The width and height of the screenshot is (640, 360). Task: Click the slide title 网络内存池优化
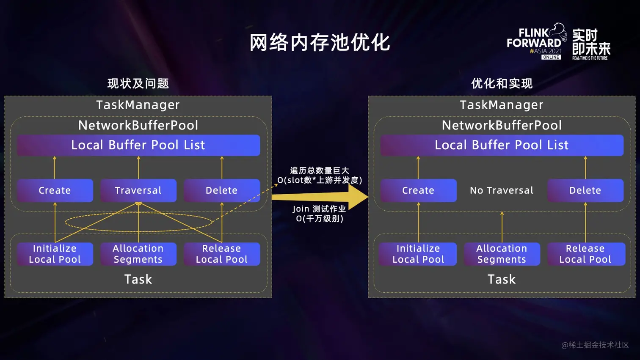click(x=320, y=43)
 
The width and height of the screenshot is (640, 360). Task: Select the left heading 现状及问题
click(x=138, y=83)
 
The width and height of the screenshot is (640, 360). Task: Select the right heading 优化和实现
click(x=502, y=83)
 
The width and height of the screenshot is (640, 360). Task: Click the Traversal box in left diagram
click(x=138, y=190)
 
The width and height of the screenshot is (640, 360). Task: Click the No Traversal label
click(x=502, y=190)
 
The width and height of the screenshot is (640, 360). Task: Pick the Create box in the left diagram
click(x=55, y=190)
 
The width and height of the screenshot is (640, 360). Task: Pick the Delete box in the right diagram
click(x=585, y=190)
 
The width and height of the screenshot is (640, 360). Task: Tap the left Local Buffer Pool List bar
click(x=138, y=145)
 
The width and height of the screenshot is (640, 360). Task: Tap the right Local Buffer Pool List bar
click(x=502, y=145)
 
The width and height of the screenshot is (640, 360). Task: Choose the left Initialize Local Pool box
click(x=55, y=254)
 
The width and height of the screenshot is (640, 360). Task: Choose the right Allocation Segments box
click(x=502, y=254)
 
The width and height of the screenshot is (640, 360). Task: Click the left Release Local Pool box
click(x=221, y=254)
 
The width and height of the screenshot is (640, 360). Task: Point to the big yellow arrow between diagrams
click(x=322, y=197)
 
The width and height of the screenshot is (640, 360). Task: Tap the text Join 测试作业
click(x=319, y=209)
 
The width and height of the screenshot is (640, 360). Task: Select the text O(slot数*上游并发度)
click(x=320, y=180)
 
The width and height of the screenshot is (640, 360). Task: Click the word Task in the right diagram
click(x=502, y=279)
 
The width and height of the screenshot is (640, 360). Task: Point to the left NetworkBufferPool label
click(x=138, y=125)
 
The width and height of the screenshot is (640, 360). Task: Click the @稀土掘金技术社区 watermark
click(x=595, y=345)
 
